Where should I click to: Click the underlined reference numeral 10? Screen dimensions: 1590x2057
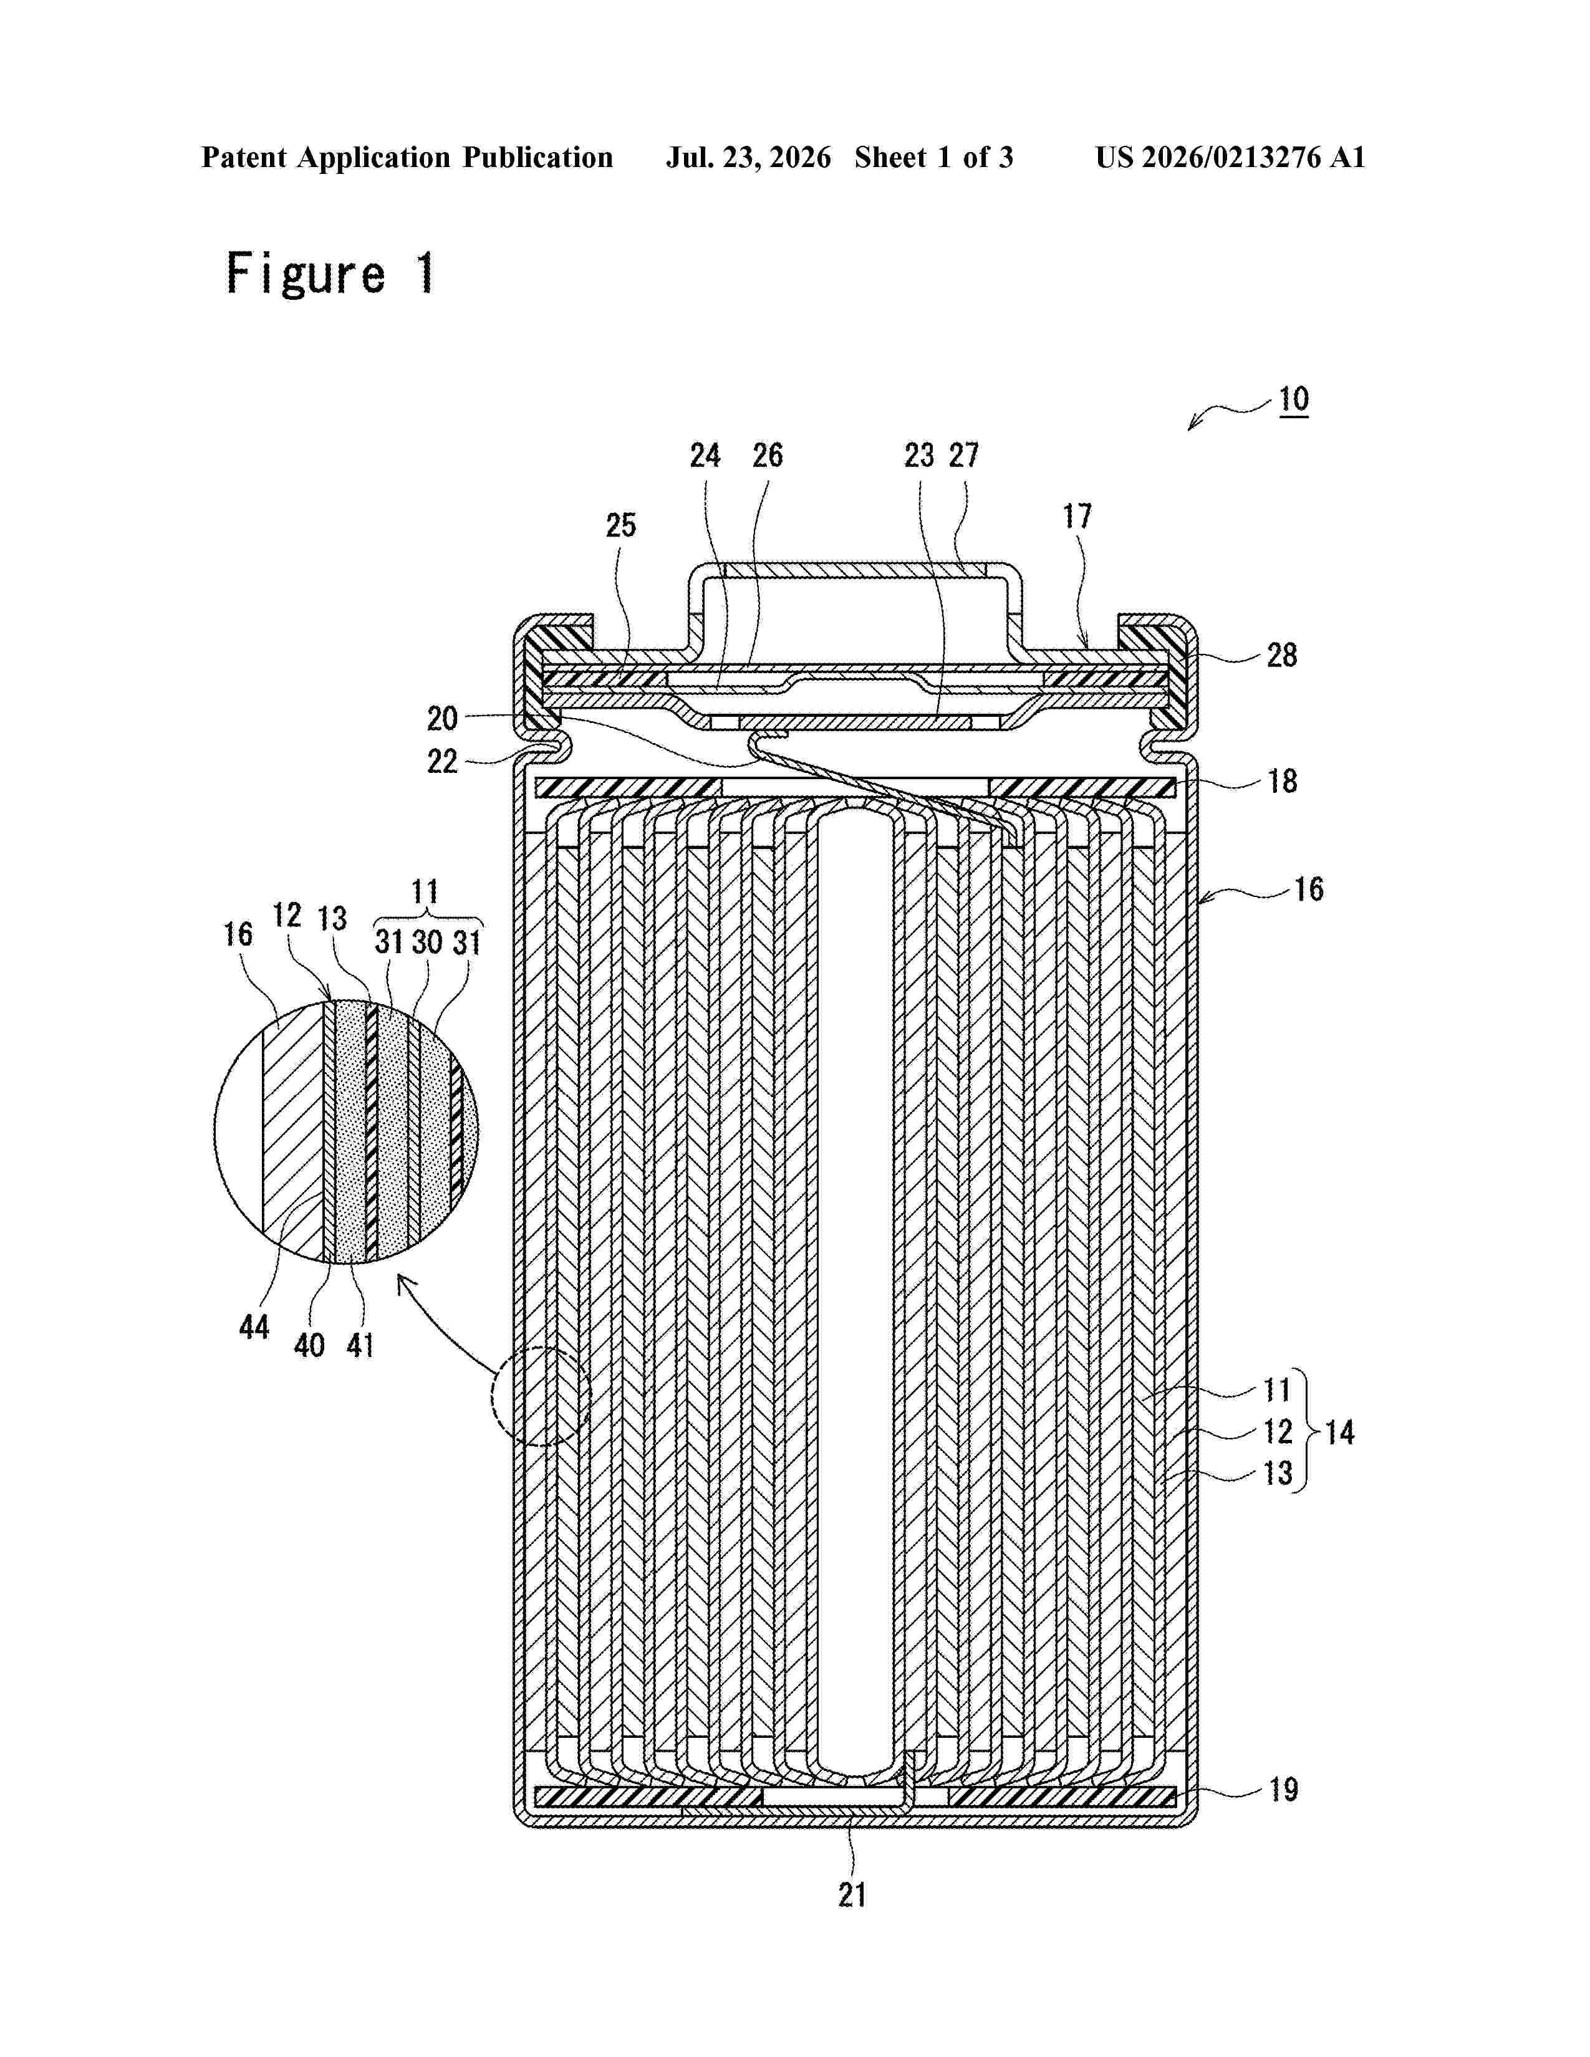click(x=1293, y=400)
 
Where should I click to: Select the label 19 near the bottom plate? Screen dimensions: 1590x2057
click(x=1283, y=1790)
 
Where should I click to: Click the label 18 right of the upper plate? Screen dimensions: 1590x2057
click(x=1282, y=781)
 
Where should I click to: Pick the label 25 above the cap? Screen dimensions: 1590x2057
click(x=621, y=525)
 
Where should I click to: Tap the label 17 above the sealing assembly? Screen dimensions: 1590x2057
click(x=1077, y=516)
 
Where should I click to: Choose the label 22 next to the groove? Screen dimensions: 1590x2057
click(x=442, y=761)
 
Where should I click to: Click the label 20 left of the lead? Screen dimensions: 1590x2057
click(x=442, y=719)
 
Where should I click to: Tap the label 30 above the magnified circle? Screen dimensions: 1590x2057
click(x=426, y=941)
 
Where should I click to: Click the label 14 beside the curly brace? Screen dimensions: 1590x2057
click(x=1339, y=1432)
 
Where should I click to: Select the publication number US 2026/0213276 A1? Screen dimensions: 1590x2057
click(x=1230, y=157)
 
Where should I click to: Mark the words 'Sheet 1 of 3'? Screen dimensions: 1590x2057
click(x=933, y=157)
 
